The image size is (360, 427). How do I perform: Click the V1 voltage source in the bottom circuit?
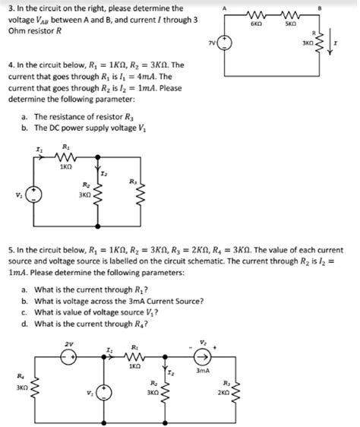click(104, 394)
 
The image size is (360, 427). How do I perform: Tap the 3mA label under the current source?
click(202, 371)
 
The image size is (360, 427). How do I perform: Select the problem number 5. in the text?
click(8, 249)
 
